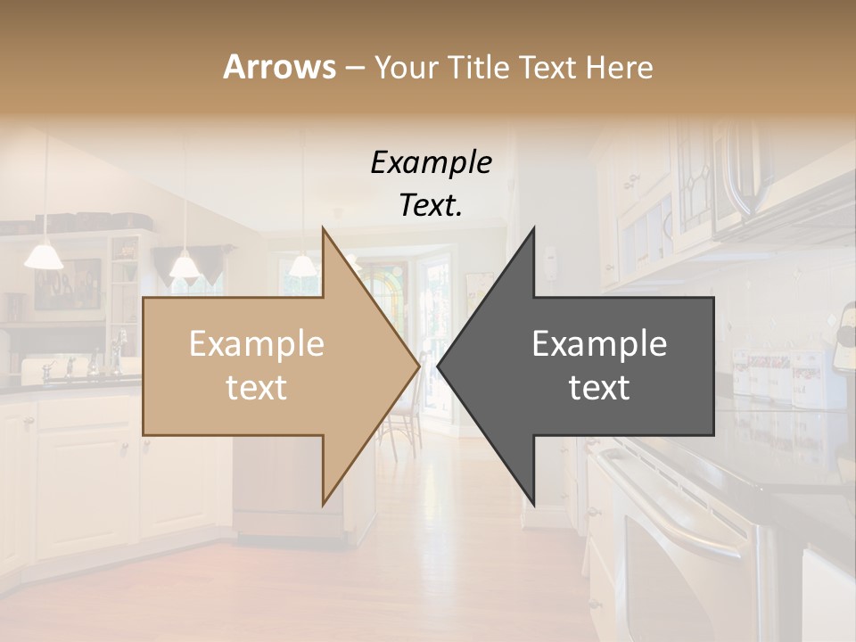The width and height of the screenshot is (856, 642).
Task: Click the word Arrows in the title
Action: click(279, 67)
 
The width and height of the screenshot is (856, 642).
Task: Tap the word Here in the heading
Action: click(619, 67)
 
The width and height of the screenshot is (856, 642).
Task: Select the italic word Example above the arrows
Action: click(431, 163)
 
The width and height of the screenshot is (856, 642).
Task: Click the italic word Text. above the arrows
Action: click(431, 206)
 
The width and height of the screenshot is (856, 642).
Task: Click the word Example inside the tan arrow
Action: click(256, 344)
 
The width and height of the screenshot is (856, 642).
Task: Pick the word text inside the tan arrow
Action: click(256, 388)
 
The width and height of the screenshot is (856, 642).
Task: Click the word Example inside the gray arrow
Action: click(599, 344)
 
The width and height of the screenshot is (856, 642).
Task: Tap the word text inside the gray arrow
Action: click(599, 388)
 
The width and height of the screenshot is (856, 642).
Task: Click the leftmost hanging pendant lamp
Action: click(44, 256)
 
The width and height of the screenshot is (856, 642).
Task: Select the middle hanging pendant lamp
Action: click(185, 265)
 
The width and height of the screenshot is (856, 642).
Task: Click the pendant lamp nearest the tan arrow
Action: click(302, 265)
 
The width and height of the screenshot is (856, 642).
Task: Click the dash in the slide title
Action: click(354, 68)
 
